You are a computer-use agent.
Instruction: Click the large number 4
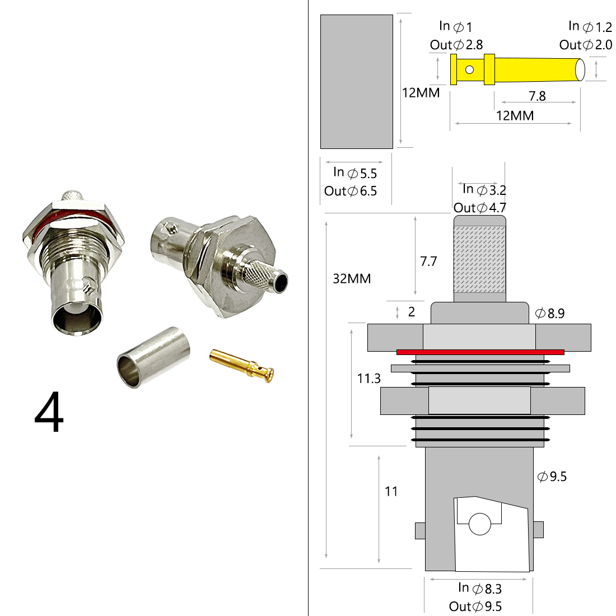point(49,413)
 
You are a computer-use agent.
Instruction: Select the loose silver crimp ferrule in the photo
point(153,357)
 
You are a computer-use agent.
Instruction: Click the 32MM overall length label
point(352,278)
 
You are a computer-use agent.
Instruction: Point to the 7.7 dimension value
point(428,262)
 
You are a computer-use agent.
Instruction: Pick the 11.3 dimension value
point(369,379)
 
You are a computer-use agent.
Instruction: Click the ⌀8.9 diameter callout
point(550,314)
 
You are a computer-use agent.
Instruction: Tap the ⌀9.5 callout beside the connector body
point(552,477)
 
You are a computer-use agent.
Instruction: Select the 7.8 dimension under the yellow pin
point(537,96)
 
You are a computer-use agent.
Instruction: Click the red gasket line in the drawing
point(480,352)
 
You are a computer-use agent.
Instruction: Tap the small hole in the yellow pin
point(469,70)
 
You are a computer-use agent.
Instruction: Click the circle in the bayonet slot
point(479,524)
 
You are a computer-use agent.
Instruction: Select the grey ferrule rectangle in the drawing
point(356,82)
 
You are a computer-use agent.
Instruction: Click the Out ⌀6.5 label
point(351,191)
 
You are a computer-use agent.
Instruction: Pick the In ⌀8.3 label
point(479,588)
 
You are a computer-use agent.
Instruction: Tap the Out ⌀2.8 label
point(456,45)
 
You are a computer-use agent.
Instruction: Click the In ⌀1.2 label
point(590,26)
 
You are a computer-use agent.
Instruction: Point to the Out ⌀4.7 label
point(479,208)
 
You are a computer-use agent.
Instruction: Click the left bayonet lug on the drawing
point(419,530)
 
